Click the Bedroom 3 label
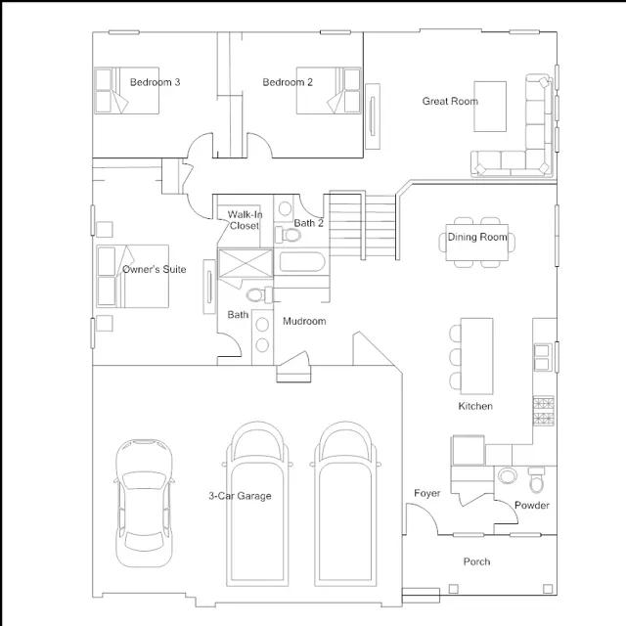point(155,82)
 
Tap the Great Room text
point(450,101)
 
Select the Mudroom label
point(304,321)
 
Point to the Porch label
point(476,561)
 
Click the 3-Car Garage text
point(240,496)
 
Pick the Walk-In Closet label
point(245,220)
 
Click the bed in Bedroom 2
point(329,91)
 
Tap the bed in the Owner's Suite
point(133,276)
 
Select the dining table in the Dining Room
point(477,243)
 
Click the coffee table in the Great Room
point(490,107)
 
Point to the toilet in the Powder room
point(536,479)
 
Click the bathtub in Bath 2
point(302,262)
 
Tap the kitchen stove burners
point(544,411)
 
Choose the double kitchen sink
point(543,357)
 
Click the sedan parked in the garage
point(144,504)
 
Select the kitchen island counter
point(476,356)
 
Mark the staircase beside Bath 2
point(363,226)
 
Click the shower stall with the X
point(246,263)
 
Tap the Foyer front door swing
point(423,519)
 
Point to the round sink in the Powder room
point(508,476)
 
